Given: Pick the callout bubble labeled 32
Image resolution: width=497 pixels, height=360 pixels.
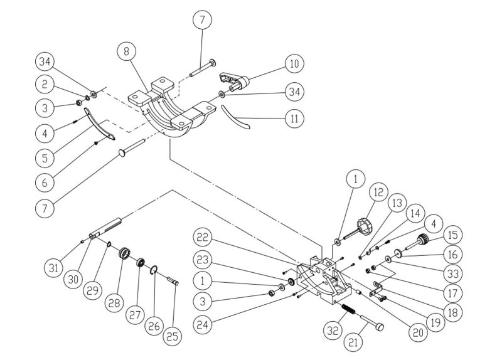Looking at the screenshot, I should [x=333, y=329].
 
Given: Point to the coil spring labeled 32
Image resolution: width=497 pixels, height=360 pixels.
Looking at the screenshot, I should [x=348, y=310].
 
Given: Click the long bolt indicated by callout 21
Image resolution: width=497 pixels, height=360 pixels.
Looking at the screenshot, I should [x=373, y=326].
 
